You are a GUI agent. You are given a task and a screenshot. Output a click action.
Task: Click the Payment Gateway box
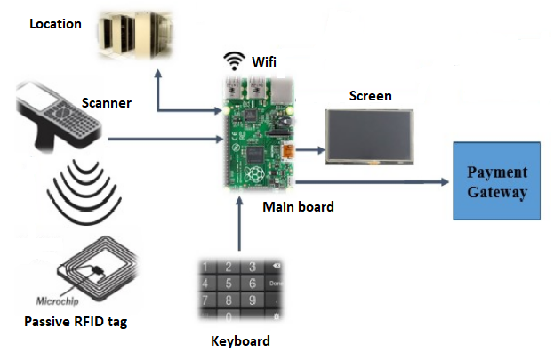497,180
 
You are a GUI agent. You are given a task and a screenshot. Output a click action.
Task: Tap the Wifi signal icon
234,61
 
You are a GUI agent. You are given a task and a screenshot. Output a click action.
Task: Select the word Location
55,23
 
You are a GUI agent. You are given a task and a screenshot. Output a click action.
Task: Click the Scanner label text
107,103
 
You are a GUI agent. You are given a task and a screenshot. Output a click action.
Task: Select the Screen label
370,96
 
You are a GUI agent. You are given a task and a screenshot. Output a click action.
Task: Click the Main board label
298,207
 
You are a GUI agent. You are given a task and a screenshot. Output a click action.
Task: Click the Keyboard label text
240,340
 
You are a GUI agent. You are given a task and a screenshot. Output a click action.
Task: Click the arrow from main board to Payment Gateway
373,182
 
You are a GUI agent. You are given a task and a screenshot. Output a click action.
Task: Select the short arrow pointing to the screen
308,150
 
